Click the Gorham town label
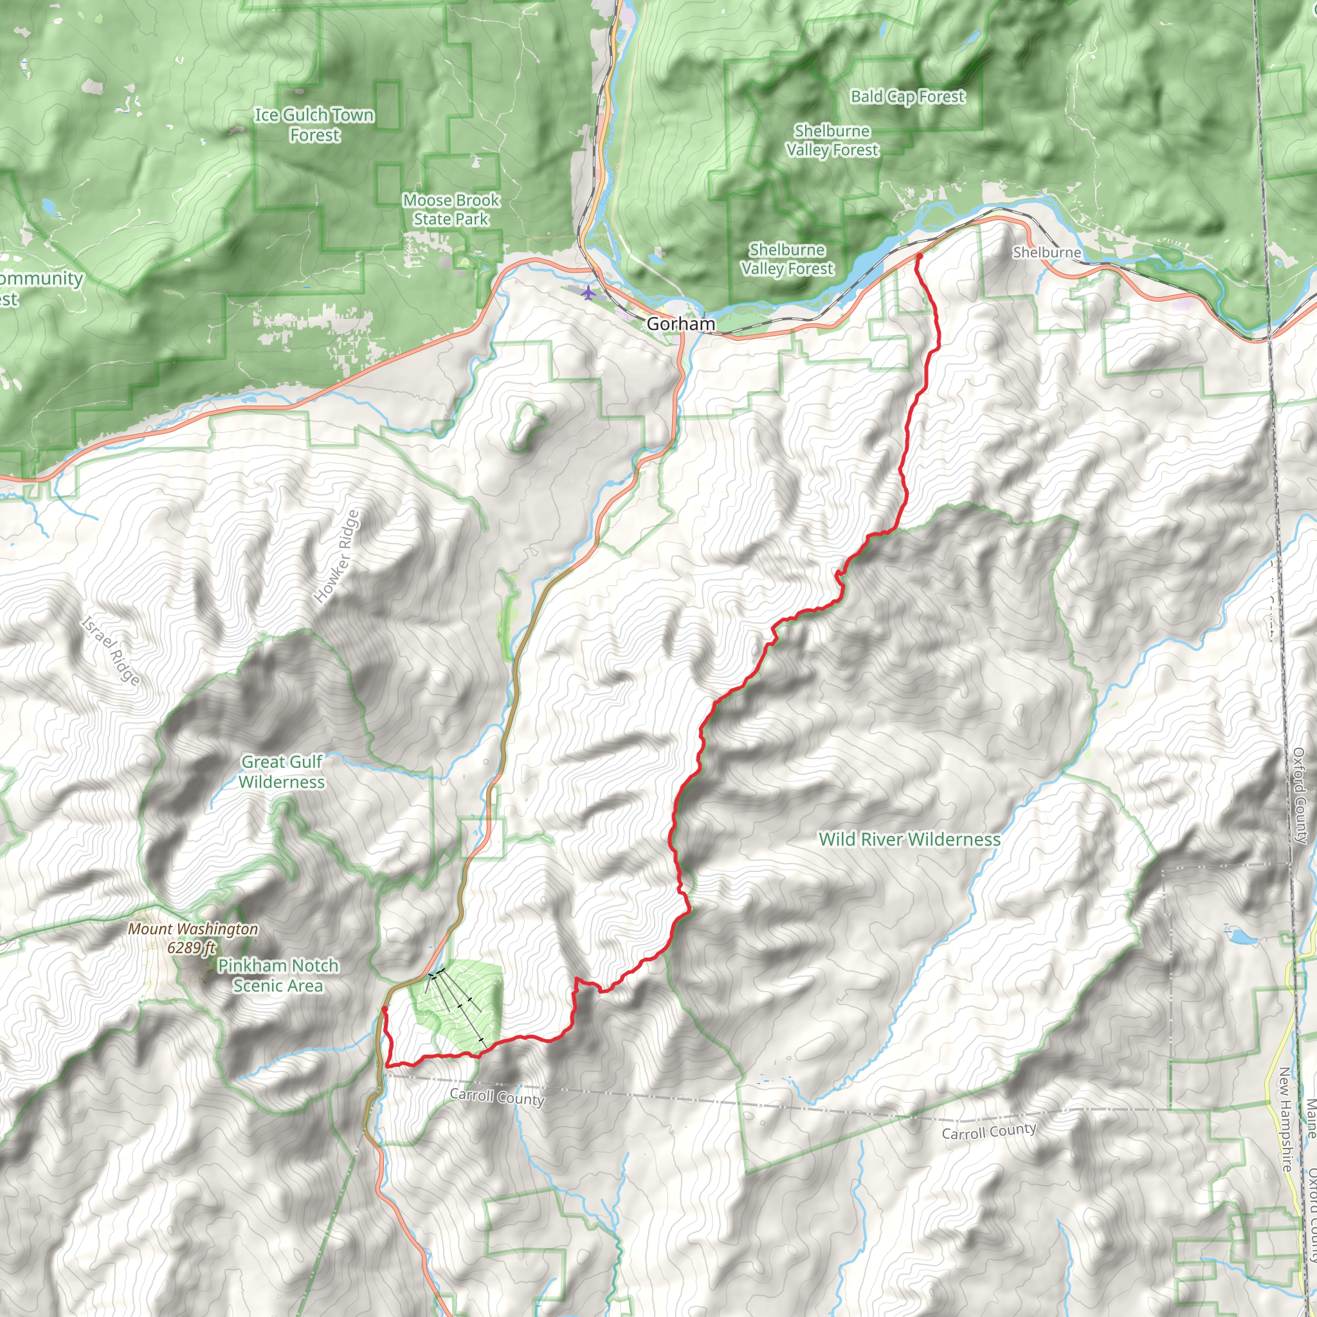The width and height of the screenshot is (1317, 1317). (680, 324)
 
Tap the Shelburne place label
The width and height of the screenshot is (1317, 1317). (1046, 252)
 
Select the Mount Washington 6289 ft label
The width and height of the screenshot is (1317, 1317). (193, 938)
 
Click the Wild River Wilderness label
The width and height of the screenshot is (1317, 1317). (909, 839)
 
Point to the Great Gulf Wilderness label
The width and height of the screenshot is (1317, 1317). (282, 772)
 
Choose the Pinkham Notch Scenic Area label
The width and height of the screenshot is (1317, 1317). (277, 975)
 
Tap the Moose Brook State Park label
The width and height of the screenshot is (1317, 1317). (451, 209)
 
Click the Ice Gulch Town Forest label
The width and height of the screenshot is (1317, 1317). (314, 125)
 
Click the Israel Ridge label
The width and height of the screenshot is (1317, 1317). (111, 650)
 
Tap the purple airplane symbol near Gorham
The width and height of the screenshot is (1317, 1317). (588, 293)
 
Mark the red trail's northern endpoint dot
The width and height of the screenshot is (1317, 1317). (919, 257)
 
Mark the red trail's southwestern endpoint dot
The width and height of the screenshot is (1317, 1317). (385, 1009)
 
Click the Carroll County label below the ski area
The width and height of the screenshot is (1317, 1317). (497, 1097)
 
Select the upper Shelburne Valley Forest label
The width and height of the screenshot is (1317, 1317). (831, 140)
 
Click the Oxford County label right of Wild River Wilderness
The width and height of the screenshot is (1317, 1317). (1299, 795)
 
